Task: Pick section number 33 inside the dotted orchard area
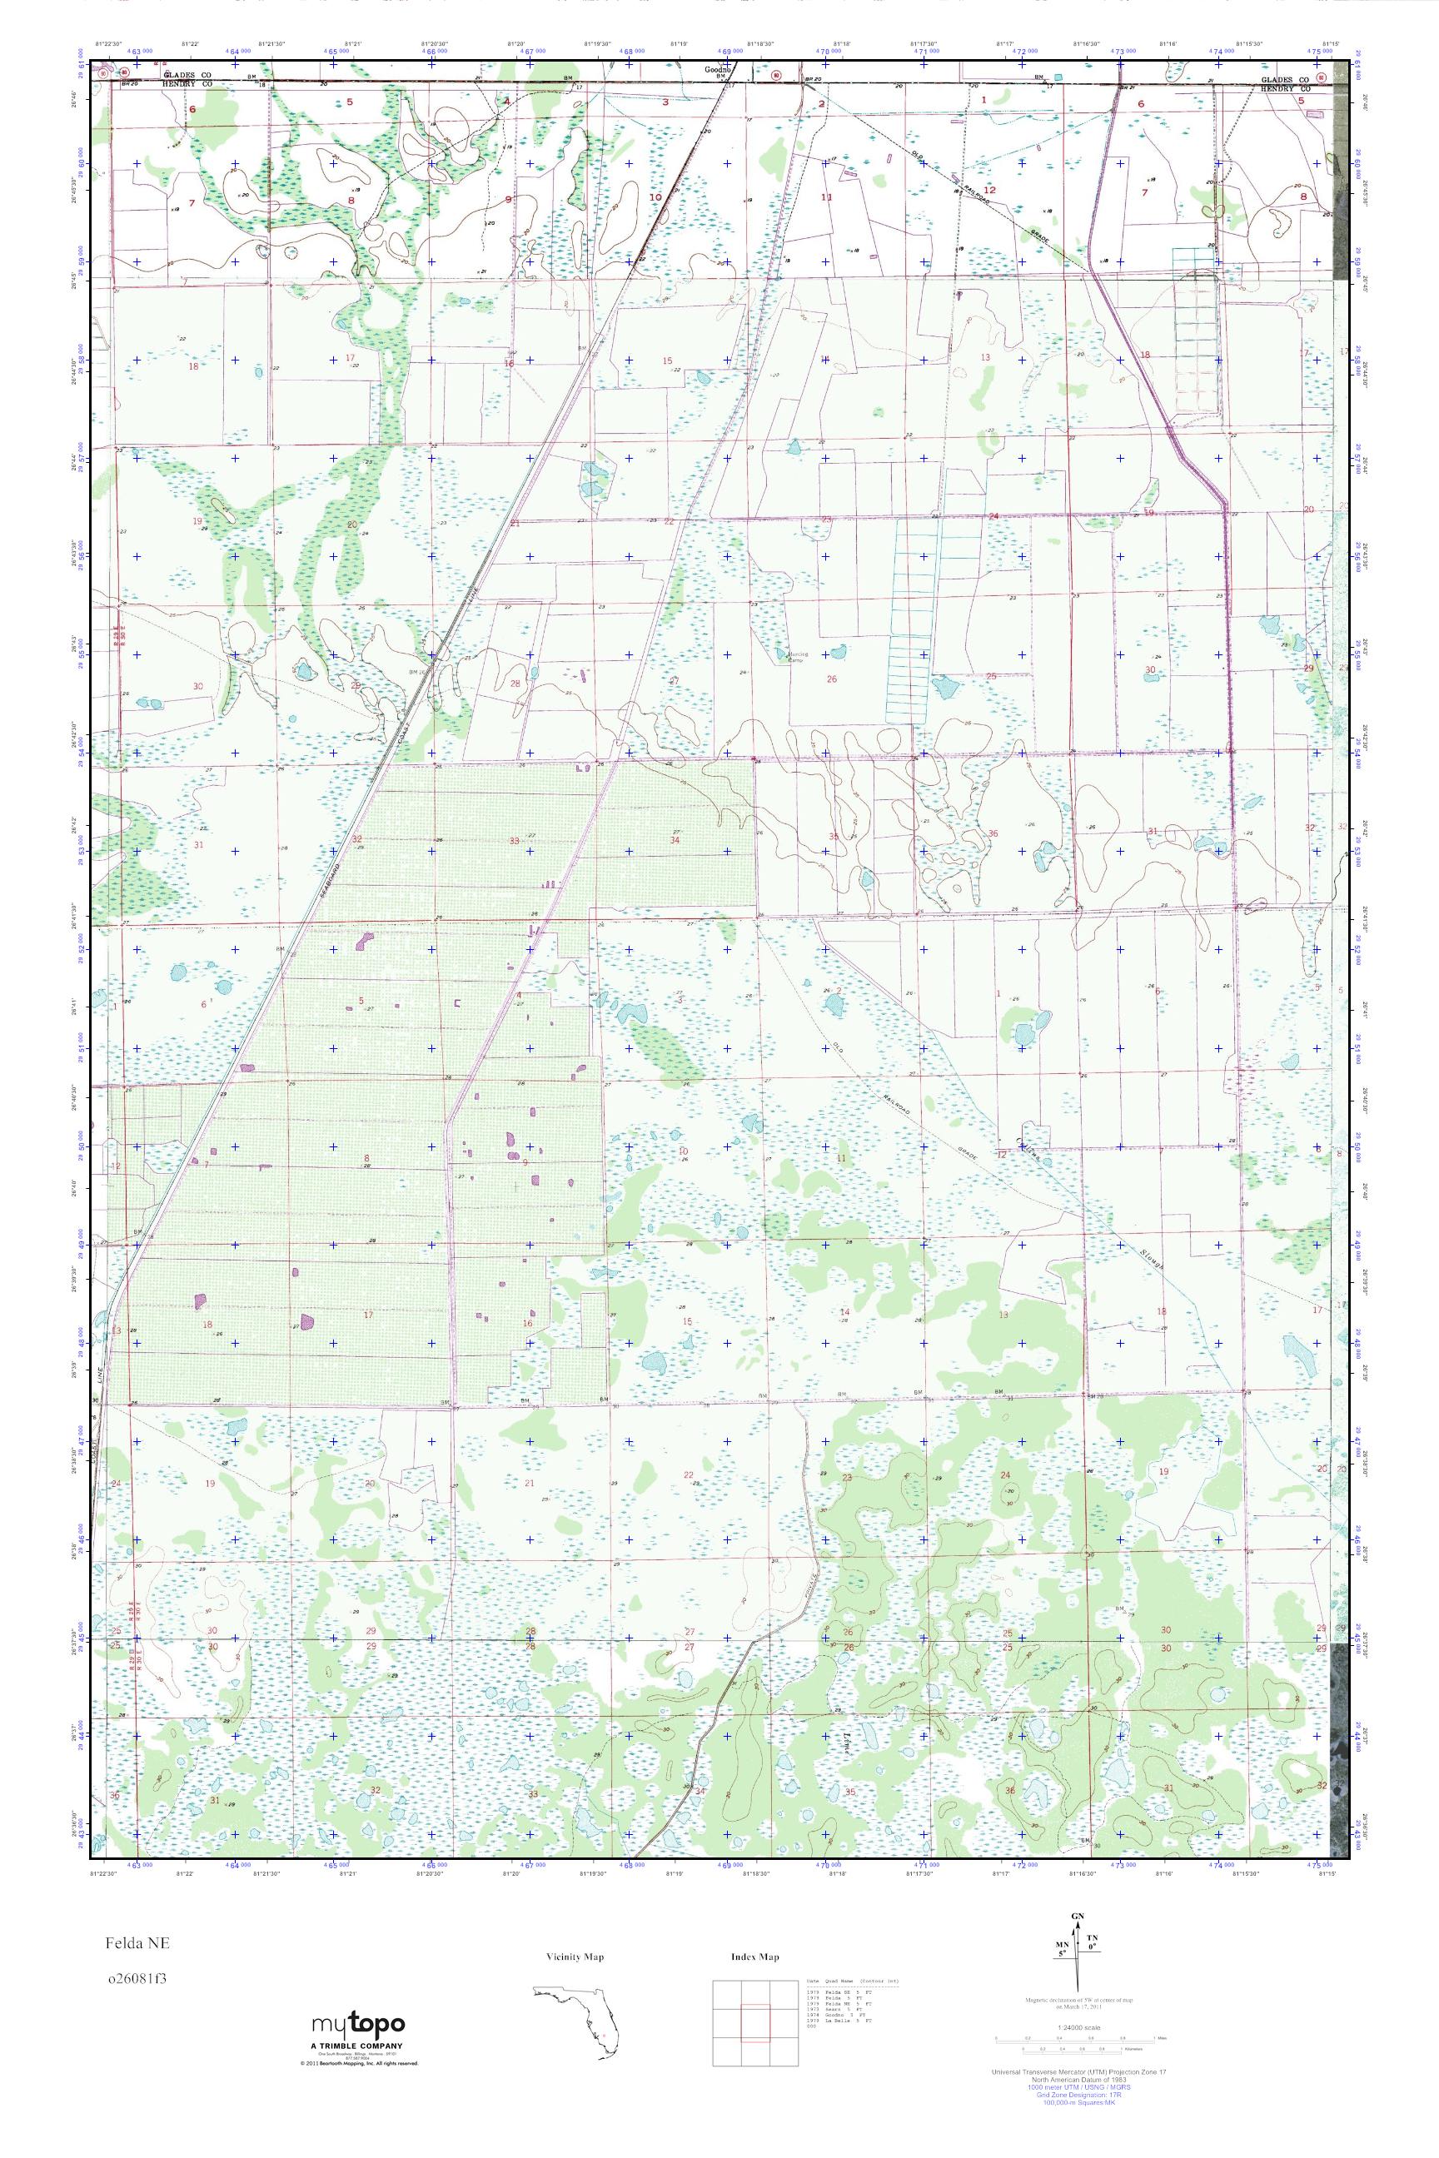coord(514,840)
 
